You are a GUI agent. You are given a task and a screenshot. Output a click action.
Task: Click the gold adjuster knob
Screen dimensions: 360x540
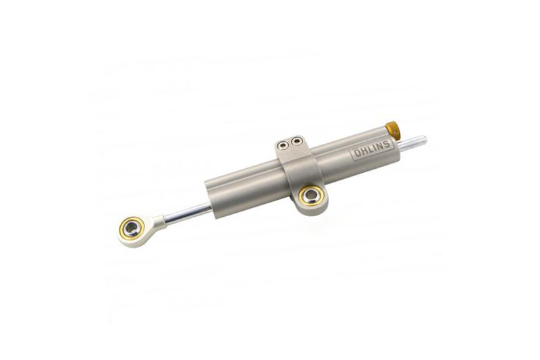(x=390, y=128)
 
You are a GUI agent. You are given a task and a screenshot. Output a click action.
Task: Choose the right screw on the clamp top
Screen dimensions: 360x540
(x=296, y=142)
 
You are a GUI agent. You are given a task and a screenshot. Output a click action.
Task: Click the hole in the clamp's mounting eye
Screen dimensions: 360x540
(x=311, y=197)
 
